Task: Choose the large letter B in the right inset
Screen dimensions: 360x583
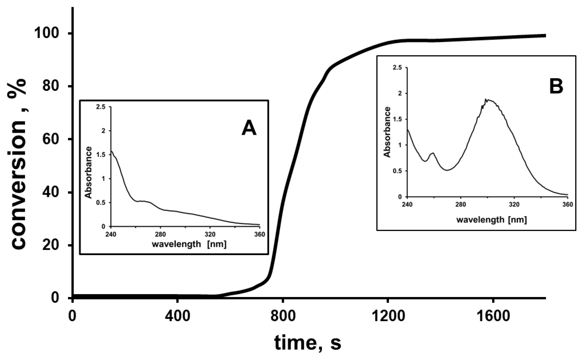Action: [x=556, y=86]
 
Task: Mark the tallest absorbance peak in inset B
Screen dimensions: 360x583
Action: [x=486, y=100]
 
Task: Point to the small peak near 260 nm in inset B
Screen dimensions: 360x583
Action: [x=433, y=153]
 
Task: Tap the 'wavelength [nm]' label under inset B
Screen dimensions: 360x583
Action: [x=491, y=219]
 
